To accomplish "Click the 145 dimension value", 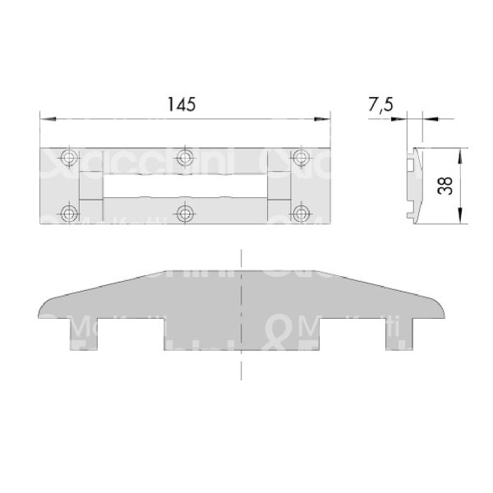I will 185,105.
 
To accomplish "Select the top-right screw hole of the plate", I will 302,156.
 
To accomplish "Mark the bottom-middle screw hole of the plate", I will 185,214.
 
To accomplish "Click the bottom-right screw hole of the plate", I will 302,214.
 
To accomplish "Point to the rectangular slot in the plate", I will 185,185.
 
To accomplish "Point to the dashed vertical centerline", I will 240,362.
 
